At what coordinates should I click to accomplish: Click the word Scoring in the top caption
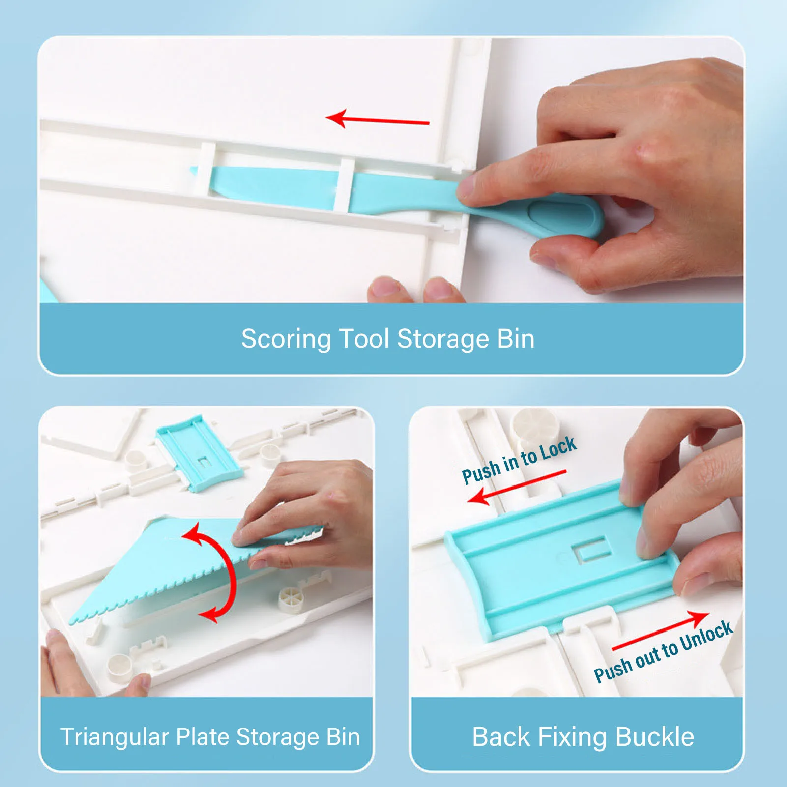(x=286, y=339)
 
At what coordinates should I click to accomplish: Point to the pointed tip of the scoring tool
(x=194, y=171)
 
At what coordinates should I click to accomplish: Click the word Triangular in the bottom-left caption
(x=114, y=737)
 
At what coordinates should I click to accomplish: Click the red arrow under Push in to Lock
(x=516, y=487)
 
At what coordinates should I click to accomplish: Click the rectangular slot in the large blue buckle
(x=592, y=549)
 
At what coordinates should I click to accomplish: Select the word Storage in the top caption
(x=442, y=339)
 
